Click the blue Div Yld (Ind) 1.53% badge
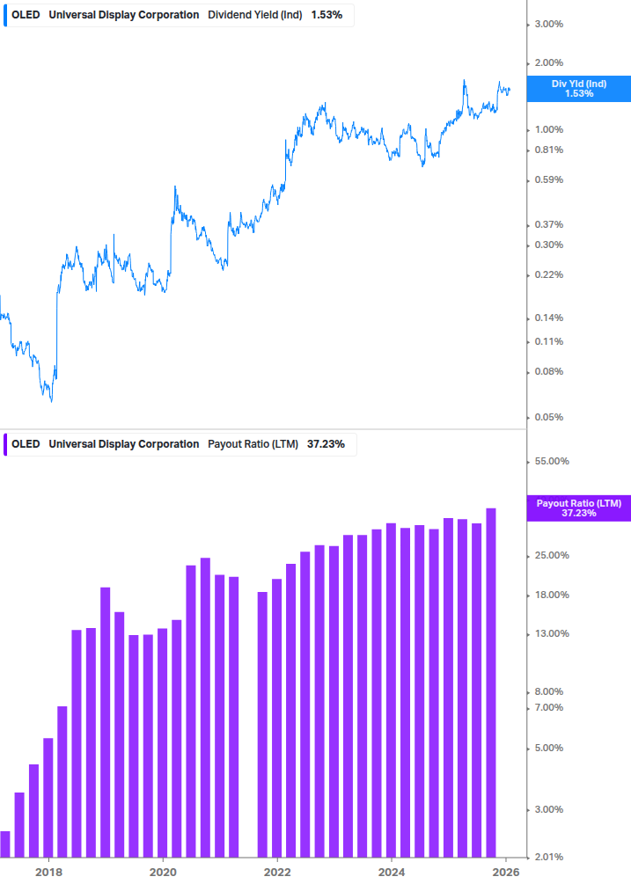(578, 88)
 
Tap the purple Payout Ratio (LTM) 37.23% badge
(578, 508)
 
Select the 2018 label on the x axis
(48, 872)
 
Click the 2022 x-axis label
(276, 872)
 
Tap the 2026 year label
(505, 872)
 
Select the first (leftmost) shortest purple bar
(5, 844)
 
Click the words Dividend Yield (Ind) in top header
(254, 15)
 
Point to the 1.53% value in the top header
(326, 15)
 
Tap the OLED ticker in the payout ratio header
(26, 444)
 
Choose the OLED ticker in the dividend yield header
(26, 15)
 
